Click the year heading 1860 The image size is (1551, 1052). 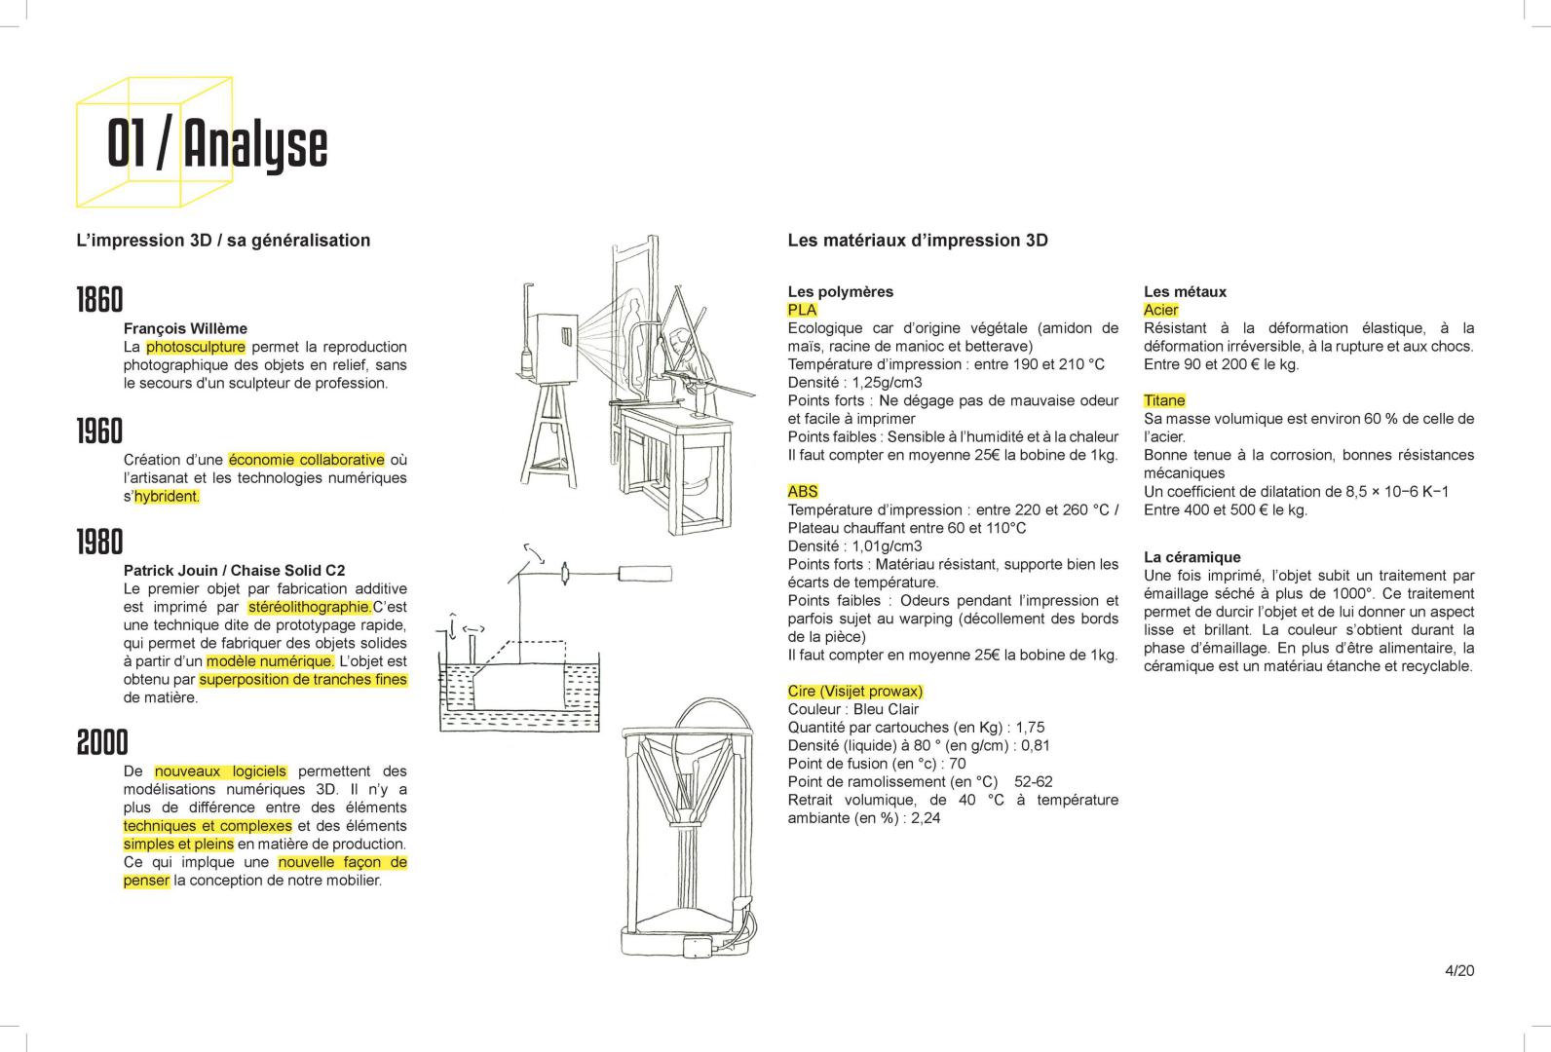pyautogui.click(x=100, y=300)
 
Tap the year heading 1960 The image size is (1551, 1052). pyautogui.click(x=100, y=431)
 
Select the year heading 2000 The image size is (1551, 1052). pyautogui.click(x=102, y=742)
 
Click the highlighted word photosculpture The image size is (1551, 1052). pyautogui.click(x=195, y=347)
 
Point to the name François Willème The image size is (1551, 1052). pyautogui.click(x=185, y=328)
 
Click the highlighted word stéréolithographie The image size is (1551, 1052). pyautogui.click(x=310, y=607)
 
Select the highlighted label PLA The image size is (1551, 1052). pyautogui.click(x=802, y=310)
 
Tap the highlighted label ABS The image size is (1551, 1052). pyautogui.click(x=803, y=491)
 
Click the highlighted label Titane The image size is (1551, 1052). pyautogui.click(x=1164, y=400)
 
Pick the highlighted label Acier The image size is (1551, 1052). pyautogui.click(x=1160, y=310)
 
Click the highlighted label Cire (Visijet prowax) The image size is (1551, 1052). pyautogui.click(x=854, y=692)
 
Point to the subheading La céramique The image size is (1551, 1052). pyautogui.click(x=1192, y=557)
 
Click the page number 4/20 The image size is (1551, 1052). pyautogui.click(x=1459, y=970)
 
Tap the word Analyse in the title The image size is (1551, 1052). pyautogui.click(x=255, y=145)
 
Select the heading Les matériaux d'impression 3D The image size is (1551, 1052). pyautogui.click(x=917, y=241)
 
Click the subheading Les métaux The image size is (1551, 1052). pyautogui.click(x=1185, y=291)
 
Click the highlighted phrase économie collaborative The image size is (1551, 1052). pyautogui.click(x=307, y=460)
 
